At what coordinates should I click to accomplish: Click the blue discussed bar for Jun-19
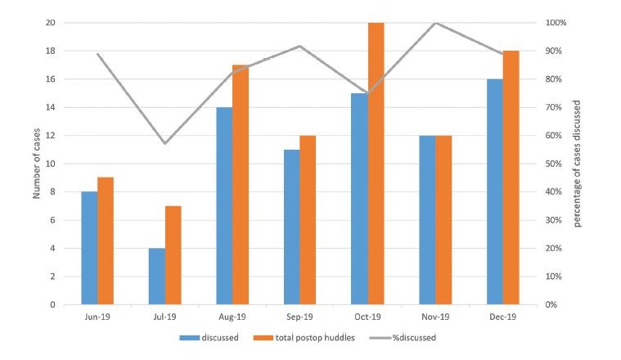click(89, 248)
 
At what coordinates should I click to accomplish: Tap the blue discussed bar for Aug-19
click(224, 205)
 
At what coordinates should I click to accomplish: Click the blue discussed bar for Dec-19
click(494, 191)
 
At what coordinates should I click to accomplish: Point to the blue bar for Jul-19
click(157, 277)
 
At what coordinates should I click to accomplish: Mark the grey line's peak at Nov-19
click(435, 23)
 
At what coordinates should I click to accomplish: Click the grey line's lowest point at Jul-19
click(165, 144)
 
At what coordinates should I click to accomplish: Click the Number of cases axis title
click(37, 164)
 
